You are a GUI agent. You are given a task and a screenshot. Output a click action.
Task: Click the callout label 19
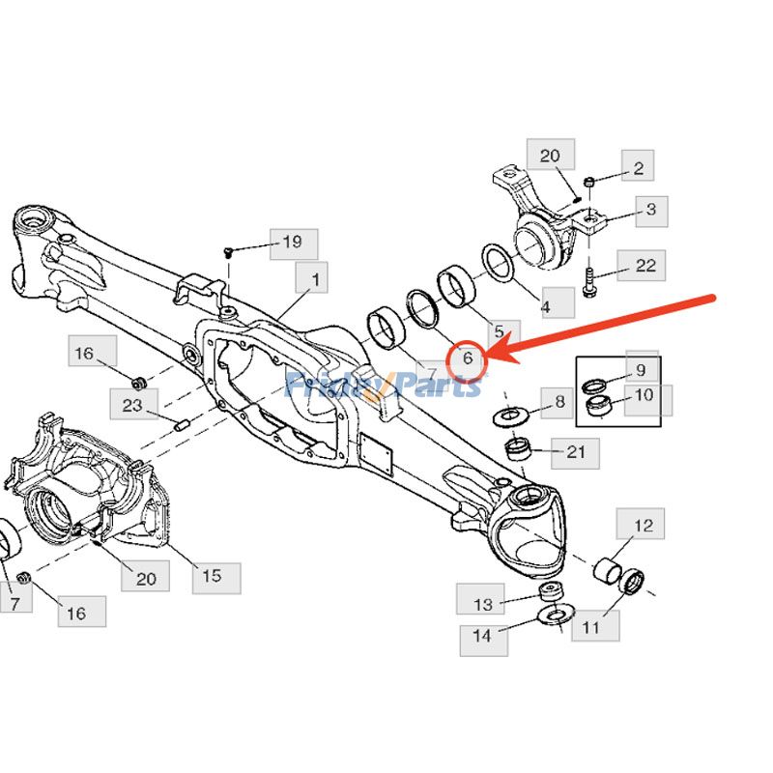pyautogui.click(x=292, y=242)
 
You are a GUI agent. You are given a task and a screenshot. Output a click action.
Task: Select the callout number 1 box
pyautogui.click(x=313, y=281)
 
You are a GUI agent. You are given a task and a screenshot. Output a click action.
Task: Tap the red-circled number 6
pyautogui.click(x=468, y=358)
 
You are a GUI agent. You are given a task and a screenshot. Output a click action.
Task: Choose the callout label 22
pyautogui.click(x=645, y=266)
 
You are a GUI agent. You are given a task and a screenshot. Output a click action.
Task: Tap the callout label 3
pyautogui.click(x=650, y=209)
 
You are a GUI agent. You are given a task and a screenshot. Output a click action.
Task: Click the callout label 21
pyautogui.click(x=575, y=451)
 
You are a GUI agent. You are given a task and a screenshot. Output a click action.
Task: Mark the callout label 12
pyautogui.click(x=643, y=526)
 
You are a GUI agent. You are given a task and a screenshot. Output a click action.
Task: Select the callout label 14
pyautogui.click(x=482, y=636)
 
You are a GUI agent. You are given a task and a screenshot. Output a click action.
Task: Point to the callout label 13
pyautogui.click(x=482, y=605)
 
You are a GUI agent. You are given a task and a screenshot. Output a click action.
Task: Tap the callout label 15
pyautogui.click(x=212, y=576)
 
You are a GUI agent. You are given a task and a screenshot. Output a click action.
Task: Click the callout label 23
pyautogui.click(x=132, y=405)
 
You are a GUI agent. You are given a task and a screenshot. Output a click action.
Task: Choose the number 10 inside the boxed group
pyautogui.click(x=644, y=395)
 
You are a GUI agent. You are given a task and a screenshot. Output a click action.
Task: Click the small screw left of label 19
pyautogui.click(x=228, y=251)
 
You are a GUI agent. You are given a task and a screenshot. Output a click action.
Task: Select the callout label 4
pyautogui.click(x=545, y=306)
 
